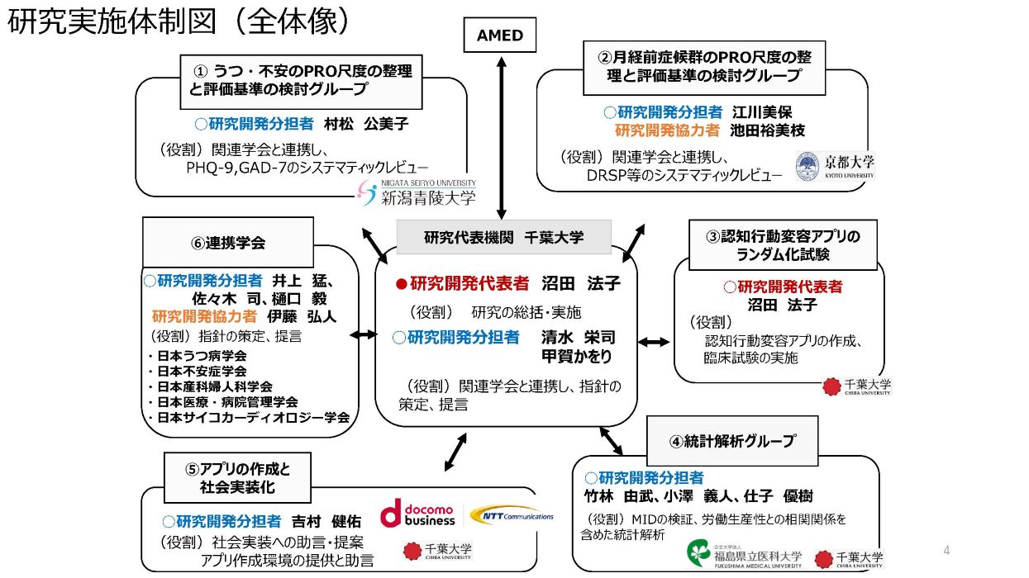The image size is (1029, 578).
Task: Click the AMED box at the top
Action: [500, 35]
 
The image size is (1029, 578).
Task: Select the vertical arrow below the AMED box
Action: [502, 138]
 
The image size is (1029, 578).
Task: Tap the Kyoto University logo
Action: [835, 166]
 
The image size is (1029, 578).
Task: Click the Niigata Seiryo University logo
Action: [417, 192]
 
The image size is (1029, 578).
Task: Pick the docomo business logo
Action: [417, 514]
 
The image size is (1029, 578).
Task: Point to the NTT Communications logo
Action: [512, 515]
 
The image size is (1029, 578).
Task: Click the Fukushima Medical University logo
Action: [745, 555]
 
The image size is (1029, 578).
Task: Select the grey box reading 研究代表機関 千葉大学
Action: [504, 237]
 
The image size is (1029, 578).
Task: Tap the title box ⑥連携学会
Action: [228, 243]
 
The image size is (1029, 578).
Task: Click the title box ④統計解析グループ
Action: [732, 441]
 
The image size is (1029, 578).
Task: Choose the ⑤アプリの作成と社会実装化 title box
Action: [237, 477]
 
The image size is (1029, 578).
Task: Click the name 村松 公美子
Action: [366, 124]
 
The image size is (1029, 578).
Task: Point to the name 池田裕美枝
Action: [768, 130]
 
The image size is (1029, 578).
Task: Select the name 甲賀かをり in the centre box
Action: [577, 356]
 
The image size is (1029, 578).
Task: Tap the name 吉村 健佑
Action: [326, 522]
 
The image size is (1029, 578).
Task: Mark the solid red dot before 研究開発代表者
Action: [402, 285]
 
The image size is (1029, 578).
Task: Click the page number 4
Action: [946, 550]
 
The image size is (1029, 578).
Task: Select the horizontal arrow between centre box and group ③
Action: [654, 342]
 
